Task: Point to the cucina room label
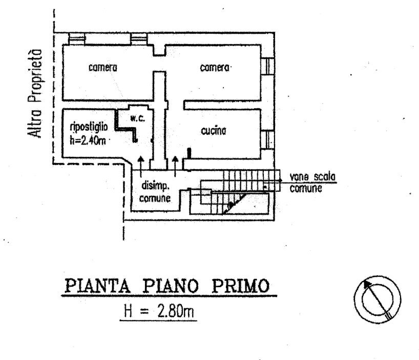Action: click(x=214, y=131)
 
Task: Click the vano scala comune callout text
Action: click(x=312, y=182)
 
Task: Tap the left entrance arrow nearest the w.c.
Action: click(x=141, y=165)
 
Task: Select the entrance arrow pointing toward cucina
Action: click(x=176, y=165)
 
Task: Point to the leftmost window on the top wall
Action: click(x=77, y=38)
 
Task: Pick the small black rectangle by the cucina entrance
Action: click(x=189, y=152)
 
